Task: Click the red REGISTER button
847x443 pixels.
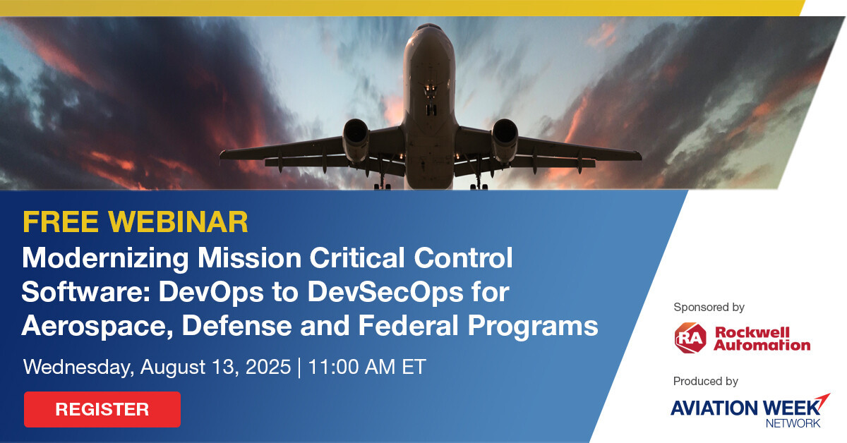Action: pyautogui.click(x=102, y=409)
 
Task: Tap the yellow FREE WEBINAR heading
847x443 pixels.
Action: pyautogui.click(x=136, y=222)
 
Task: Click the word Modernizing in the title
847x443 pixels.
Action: pyautogui.click(x=105, y=260)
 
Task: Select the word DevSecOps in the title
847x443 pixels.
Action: pyautogui.click(x=385, y=293)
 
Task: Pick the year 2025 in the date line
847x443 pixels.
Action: pyautogui.click(x=268, y=367)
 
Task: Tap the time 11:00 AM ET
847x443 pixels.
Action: pyautogui.click(x=367, y=367)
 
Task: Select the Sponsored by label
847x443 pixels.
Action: pyautogui.click(x=709, y=308)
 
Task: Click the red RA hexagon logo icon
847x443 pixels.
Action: pyautogui.click(x=690, y=338)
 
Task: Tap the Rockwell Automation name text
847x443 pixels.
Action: pyautogui.click(x=762, y=339)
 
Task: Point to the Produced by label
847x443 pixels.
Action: pyautogui.click(x=706, y=381)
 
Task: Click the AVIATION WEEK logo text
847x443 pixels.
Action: pyautogui.click(x=746, y=408)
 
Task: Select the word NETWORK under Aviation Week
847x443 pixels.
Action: pyautogui.click(x=793, y=423)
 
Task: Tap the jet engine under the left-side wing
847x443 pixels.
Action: pyautogui.click(x=356, y=139)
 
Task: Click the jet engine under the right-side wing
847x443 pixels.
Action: pyautogui.click(x=505, y=139)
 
